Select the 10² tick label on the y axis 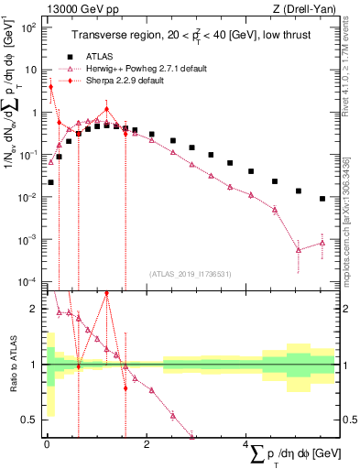[x=27, y=27]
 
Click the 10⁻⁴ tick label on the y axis [x=27, y=281]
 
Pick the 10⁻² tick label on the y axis [x=27, y=197]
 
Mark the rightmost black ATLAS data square [x=322, y=199]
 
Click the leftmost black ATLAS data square [x=50, y=182]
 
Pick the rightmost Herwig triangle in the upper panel [x=322, y=243]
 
